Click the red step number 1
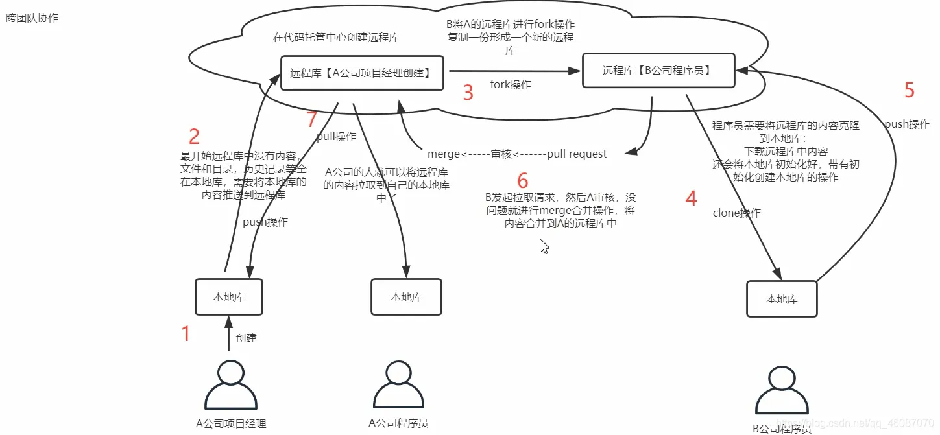tap(186, 334)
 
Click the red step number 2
tap(194, 137)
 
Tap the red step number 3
tap(468, 93)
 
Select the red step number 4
tap(692, 198)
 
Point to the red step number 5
tap(910, 91)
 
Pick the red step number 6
tap(523, 181)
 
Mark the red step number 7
tap(312, 120)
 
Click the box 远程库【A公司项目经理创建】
tap(362, 73)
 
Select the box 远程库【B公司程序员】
tap(658, 70)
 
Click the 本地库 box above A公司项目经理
tap(229, 297)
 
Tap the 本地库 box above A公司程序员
tap(406, 297)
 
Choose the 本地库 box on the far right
tap(782, 299)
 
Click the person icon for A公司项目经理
tap(230, 386)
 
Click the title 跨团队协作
tap(32, 18)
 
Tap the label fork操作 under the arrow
tap(511, 85)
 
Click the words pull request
tap(577, 154)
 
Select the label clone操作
tap(736, 213)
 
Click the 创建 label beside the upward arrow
tap(247, 338)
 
